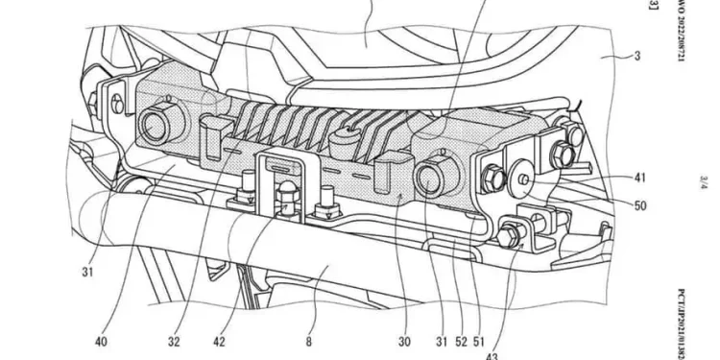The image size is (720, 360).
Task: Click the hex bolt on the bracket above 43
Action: (x=509, y=230)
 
